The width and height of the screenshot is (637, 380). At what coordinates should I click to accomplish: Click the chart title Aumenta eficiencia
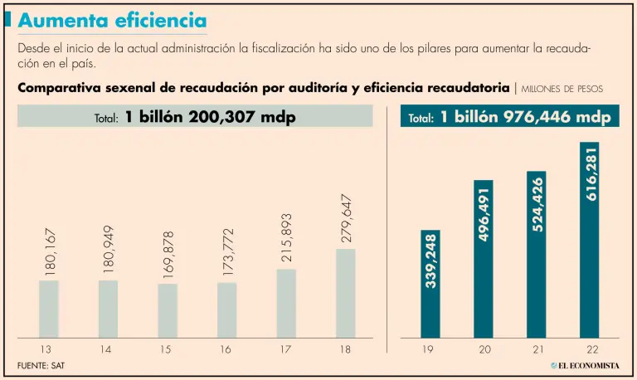tap(113, 19)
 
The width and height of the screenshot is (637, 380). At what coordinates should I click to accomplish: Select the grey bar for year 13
tap(49, 308)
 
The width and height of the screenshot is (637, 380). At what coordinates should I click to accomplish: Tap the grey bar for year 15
tap(168, 309)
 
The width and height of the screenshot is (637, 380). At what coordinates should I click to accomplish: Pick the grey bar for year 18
tap(346, 292)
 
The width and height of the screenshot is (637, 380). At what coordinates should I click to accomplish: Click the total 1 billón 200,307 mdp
tap(196, 117)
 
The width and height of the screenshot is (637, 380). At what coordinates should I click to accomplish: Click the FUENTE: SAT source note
tap(41, 365)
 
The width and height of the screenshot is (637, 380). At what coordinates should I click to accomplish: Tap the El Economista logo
tap(585, 365)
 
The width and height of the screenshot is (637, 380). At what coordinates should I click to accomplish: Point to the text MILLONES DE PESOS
tap(562, 88)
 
